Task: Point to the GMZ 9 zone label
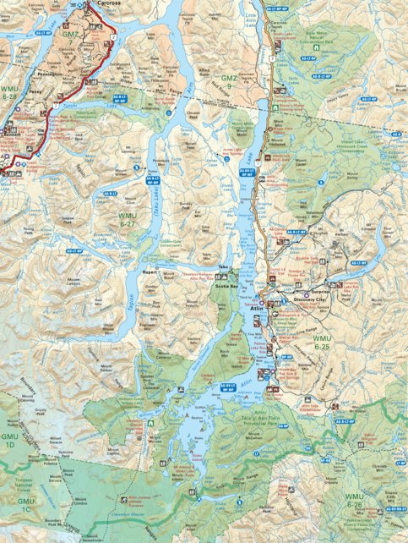(229, 82)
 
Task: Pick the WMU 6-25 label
(321, 343)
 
